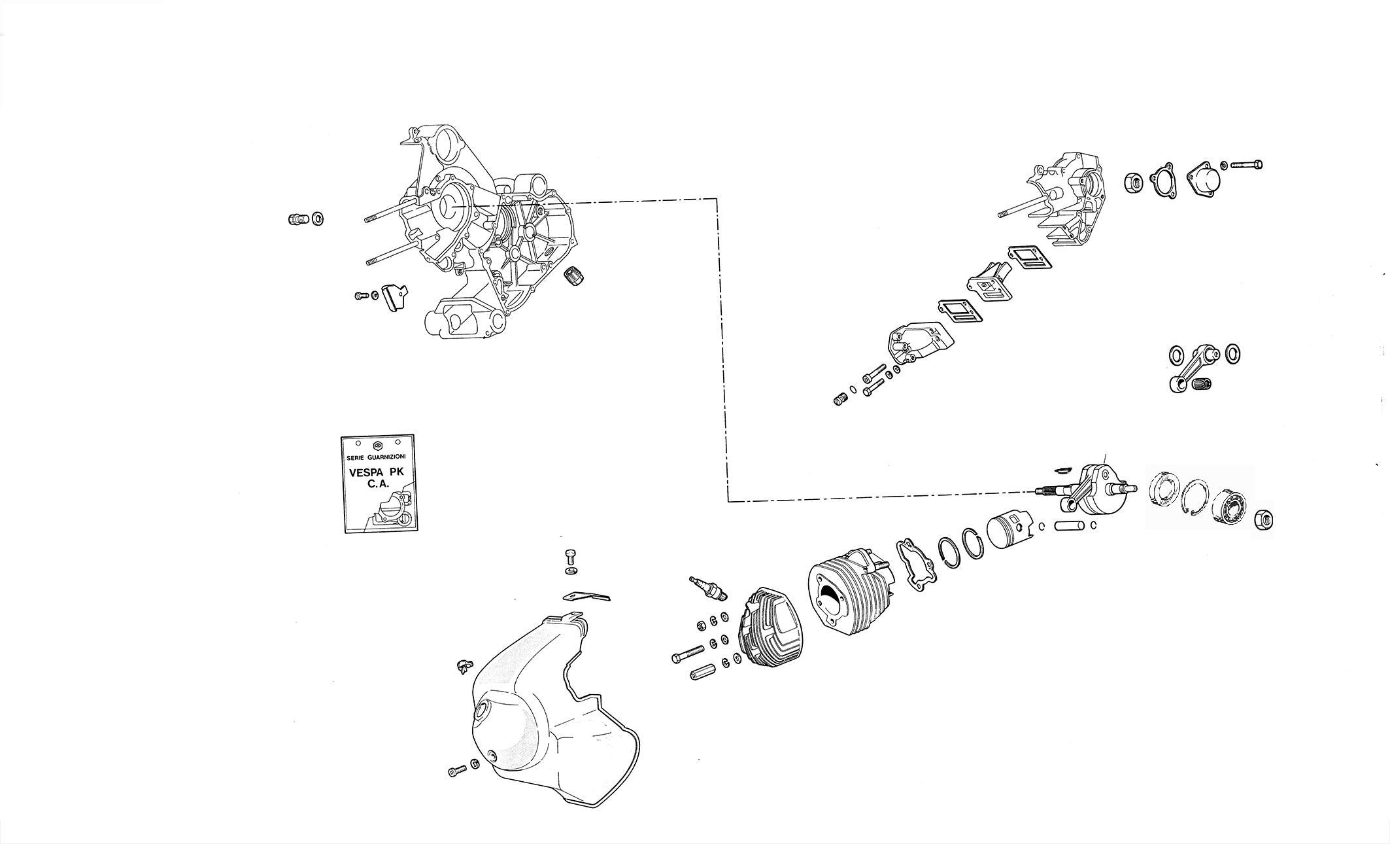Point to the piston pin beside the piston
click(1070, 525)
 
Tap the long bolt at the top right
click(1246, 164)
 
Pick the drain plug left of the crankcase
click(297, 219)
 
